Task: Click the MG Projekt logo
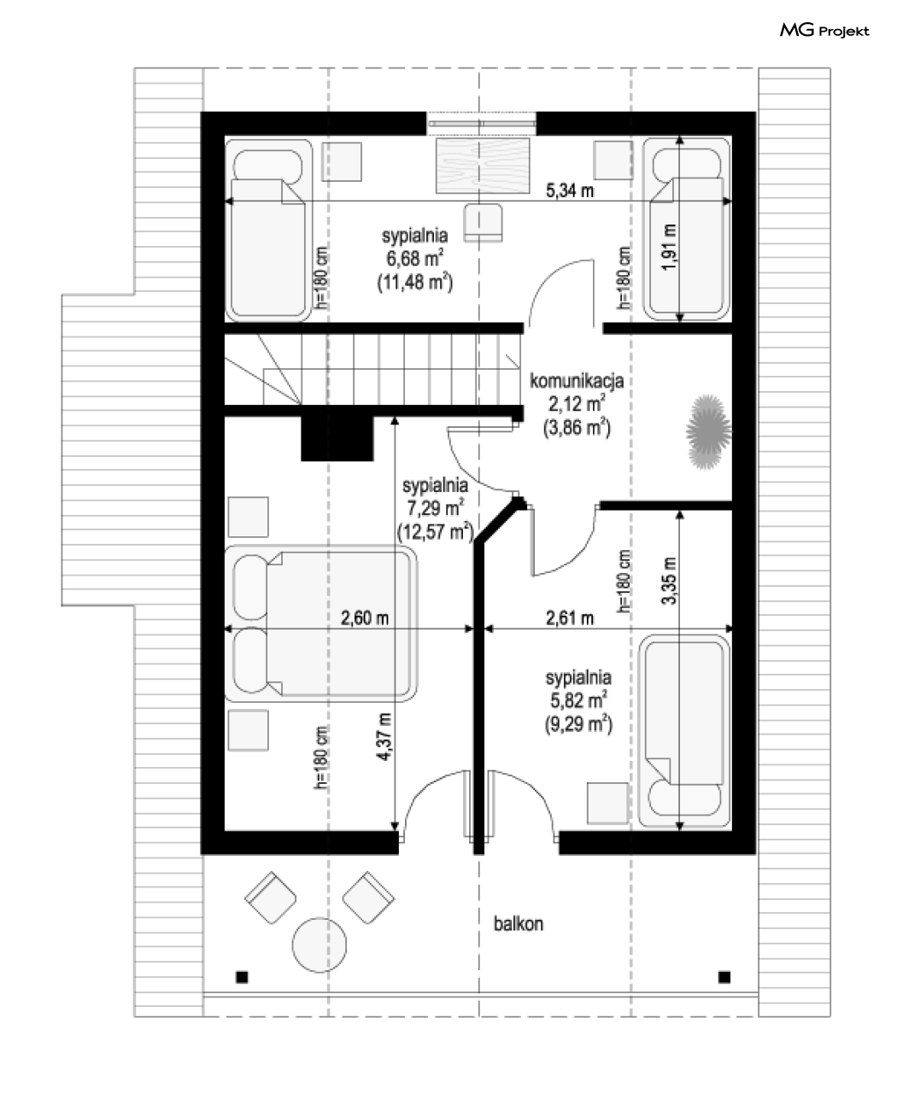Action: coord(824,31)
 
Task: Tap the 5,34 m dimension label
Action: coord(570,191)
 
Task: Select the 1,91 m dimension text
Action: coord(669,246)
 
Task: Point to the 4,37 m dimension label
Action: coord(385,737)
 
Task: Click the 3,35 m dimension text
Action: coord(669,581)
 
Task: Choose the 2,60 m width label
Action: coord(364,618)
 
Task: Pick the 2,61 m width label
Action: coord(570,618)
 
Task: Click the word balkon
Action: coord(519,924)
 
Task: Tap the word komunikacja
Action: coord(577,381)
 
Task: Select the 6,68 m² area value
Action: coord(414,258)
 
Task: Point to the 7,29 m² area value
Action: coord(435,508)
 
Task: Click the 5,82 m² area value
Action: coord(578,700)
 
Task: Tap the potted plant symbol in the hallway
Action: coord(707,431)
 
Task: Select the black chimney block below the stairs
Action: coord(337,438)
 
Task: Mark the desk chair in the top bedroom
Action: coord(483,223)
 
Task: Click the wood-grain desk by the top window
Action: coord(483,166)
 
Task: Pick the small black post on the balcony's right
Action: coord(724,977)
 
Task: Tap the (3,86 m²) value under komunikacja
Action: coord(577,428)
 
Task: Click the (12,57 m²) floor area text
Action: coord(436,532)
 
